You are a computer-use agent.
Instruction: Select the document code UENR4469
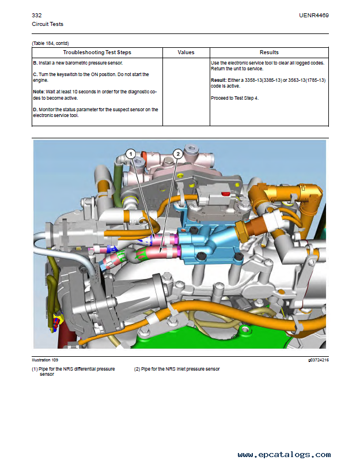(x=314, y=16)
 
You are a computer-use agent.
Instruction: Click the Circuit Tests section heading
(x=47, y=24)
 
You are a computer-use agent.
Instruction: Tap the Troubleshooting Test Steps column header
(x=97, y=52)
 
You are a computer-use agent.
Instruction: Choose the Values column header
(x=186, y=52)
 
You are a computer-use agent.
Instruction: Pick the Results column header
(x=269, y=52)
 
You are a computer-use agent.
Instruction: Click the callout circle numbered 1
(x=131, y=154)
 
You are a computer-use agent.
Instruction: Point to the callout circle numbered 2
(x=178, y=154)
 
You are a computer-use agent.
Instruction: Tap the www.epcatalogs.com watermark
(x=284, y=454)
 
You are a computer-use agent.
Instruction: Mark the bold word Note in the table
(x=39, y=91)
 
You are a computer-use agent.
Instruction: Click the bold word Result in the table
(x=219, y=80)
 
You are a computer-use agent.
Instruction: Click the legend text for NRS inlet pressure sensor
(x=177, y=369)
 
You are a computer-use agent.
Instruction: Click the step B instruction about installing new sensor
(x=78, y=62)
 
